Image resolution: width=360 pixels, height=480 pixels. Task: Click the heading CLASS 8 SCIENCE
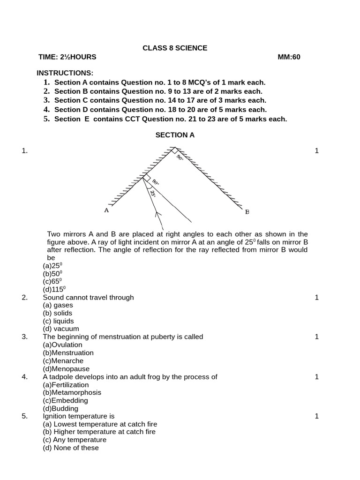(x=175, y=48)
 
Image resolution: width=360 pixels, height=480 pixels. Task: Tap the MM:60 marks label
(x=289, y=57)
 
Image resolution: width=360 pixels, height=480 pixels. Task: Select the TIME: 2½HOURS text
(x=67, y=57)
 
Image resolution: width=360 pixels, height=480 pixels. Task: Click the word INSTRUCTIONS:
(x=65, y=73)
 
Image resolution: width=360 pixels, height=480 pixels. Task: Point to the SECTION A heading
(x=175, y=135)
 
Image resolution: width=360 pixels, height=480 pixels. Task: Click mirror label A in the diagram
(x=106, y=211)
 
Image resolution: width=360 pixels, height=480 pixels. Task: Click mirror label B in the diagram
(x=247, y=212)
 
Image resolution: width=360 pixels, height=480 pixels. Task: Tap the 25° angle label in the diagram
(x=153, y=194)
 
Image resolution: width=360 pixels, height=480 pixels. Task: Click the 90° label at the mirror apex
(x=180, y=158)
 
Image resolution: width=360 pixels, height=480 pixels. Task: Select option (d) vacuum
(x=61, y=329)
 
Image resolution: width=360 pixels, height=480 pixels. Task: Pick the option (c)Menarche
(x=63, y=361)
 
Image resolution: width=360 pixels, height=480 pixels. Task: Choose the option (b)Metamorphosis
(x=71, y=392)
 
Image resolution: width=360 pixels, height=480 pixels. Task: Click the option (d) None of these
(x=71, y=448)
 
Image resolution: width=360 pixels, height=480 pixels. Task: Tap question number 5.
(x=25, y=416)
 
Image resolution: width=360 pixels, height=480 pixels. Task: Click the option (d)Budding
(x=60, y=408)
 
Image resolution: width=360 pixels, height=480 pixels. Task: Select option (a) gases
(x=58, y=305)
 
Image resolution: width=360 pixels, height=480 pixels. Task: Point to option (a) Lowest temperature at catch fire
(x=100, y=424)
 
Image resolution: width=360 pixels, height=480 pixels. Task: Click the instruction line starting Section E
(x=170, y=119)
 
